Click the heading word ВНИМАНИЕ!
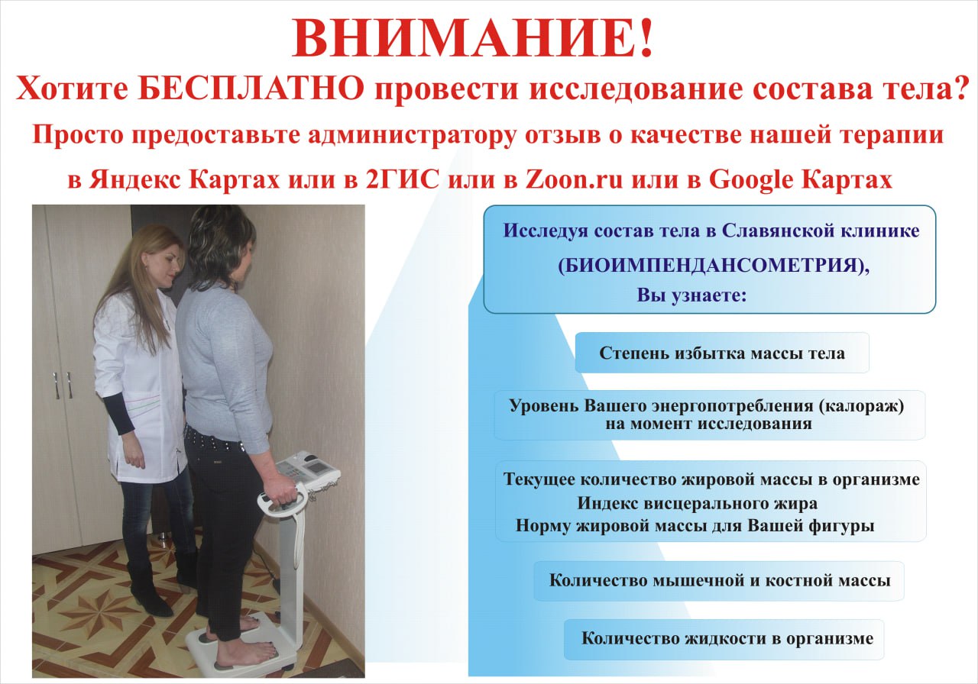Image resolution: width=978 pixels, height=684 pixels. pos(474,40)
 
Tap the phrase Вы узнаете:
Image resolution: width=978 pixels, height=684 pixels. pos(691,295)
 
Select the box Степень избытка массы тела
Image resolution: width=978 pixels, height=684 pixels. pos(722,353)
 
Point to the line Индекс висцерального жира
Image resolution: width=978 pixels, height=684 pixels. pos(698,504)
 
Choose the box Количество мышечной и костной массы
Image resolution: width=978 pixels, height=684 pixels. pos(719,580)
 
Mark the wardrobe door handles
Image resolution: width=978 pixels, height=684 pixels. pos(62,385)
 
